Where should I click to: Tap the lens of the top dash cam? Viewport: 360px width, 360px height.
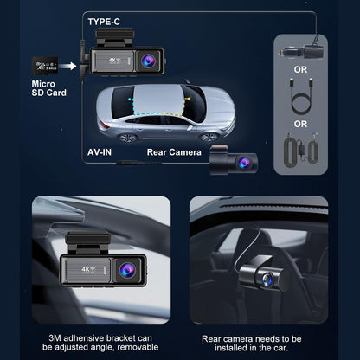pyautogui.click(x=150, y=61)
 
